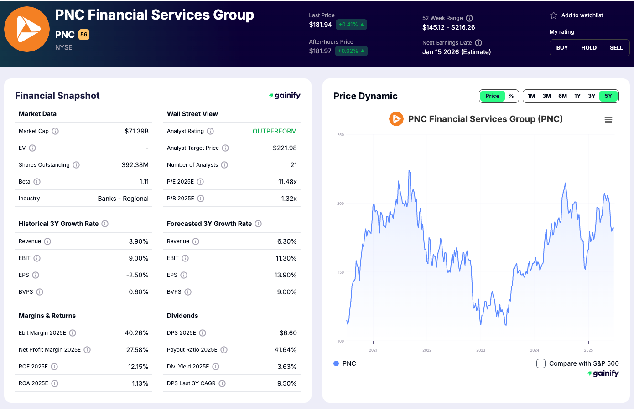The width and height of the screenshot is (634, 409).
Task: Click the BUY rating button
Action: click(x=562, y=48)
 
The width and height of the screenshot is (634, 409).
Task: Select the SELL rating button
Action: click(x=616, y=48)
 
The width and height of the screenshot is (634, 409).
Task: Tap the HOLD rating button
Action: click(x=589, y=48)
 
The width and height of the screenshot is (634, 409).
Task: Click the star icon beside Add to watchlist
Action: click(x=554, y=15)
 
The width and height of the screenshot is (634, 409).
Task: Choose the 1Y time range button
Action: click(x=577, y=96)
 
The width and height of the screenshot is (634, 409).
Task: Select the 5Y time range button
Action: click(x=608, y=96)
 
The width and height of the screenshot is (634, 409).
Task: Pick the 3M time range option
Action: click(x=546, y=96)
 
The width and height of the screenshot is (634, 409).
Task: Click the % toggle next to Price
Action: click(x=511, y=96)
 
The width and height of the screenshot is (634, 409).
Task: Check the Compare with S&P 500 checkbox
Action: click(x=541, y=363)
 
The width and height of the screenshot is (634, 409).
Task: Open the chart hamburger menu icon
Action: click(x=608, y=120)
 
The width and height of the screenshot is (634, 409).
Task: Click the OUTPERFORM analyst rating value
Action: click(x=275, y=131)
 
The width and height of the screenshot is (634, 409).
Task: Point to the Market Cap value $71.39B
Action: click(x=136, y=131)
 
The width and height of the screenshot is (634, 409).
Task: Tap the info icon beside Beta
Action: click(x=37, y=182)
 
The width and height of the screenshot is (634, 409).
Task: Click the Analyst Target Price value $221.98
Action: click(x=285, y=148)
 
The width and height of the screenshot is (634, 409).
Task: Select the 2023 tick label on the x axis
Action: click(x=481, y=350)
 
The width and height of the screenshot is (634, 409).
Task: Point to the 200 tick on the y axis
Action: click(x=340, y=204)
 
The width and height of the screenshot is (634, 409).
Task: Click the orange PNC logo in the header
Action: click(x=27, y=29)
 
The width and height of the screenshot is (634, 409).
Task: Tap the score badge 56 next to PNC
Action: click(x=84, y=35)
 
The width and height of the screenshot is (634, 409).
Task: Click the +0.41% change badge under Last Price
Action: click(x=351, y=25)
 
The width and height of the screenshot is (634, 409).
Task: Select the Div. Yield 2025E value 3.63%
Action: click(x=287, y=367)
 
